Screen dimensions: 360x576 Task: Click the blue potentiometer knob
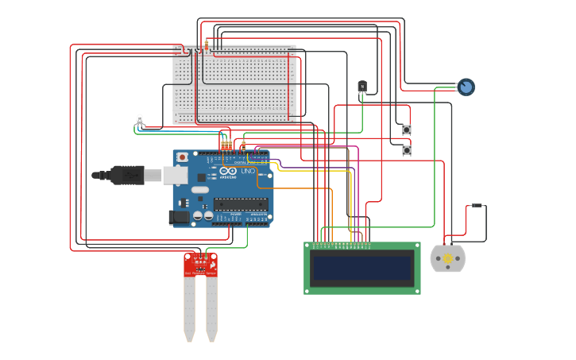coord(466,87)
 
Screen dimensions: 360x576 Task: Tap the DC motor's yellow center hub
coord(447,258)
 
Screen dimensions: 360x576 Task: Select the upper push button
coord(407,130)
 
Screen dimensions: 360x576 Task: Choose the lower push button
coord(407,149)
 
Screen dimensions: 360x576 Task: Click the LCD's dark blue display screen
coord(362,268)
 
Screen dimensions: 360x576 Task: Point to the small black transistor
coord(362,86)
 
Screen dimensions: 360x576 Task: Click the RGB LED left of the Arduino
coord(140,120)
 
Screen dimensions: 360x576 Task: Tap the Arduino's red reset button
coord(182,157)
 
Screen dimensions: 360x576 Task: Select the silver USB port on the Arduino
coord(176,175)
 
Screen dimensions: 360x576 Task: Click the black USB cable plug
coord(127,175)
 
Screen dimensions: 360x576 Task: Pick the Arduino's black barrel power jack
coord(180,216)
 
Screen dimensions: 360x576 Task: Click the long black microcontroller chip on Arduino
coord(241,204)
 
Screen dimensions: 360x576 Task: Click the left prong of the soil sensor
coord(189,310)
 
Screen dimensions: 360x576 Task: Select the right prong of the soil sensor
coord(211,310)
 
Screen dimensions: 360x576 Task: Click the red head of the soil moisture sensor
coord(200,265)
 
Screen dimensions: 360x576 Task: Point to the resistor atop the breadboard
coord(207,46)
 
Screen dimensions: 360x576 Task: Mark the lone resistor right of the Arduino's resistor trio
coord(244,145)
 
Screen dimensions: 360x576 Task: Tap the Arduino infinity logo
coord(228,171)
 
